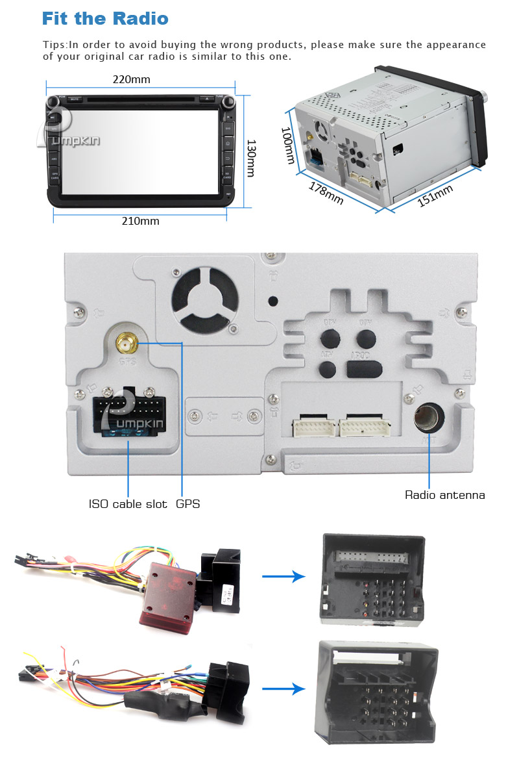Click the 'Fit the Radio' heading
pyautogui.click(x=105, y=19)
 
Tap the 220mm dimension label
pyautogui.click(x=131, y=80)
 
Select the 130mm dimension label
pyautogui.click(x=251, y=158)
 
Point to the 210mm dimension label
pyautogui.click(x=140, y=221)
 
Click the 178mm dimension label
pyautogui.click(x=326, y=193)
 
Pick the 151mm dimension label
pyautogui.click(x=435, y=196)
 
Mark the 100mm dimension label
pyautogui.click(x=287, y=145)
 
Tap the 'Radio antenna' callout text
pyautogui.click(x=445, y=495)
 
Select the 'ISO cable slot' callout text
pyautogui.click(x=128, y=504)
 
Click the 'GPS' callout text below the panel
pyautogui.click(x=188, y=504)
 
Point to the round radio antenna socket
pyautogui.click(x=429, y=418)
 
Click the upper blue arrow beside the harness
pyautogui.click(x=283, y=576)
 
